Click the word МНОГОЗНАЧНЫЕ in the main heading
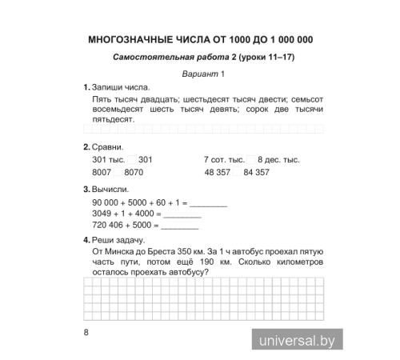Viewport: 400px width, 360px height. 125,39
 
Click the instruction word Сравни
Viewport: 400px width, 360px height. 107,146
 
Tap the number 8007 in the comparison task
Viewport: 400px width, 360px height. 102,172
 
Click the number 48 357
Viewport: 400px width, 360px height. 221,172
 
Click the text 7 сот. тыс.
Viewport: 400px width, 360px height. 225,159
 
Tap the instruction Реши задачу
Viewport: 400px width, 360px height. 118,240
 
